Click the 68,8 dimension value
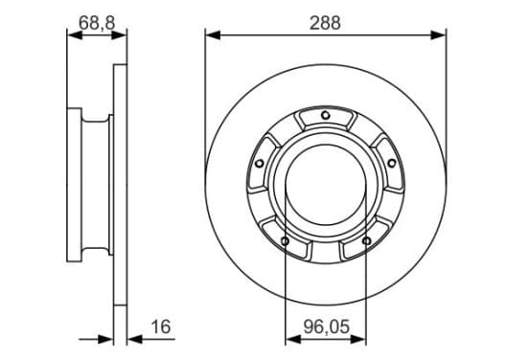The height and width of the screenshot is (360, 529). [x=97, y=23]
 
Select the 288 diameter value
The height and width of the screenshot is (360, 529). [x=325, y=23]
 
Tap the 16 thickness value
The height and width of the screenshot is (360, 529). [x=161, y=326]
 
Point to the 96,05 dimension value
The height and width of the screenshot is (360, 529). [x=326, y=326]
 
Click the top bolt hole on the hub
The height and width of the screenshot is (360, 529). [x=325, y=115]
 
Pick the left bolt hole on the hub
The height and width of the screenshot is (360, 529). [x=260, y=164]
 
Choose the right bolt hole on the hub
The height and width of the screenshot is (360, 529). [x=391, y=164]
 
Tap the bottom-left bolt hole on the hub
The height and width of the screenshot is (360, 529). [x=285, y=241]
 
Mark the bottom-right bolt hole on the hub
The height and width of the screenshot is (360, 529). [x=366, y=241]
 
